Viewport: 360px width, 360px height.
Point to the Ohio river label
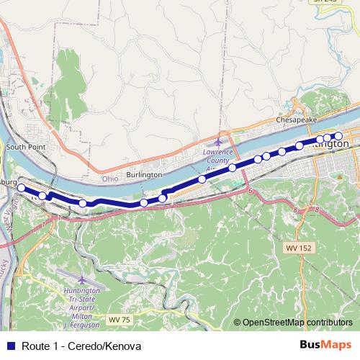(109, 178)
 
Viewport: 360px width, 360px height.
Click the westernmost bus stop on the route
(21, 188)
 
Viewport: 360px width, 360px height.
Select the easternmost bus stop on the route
(338, 136)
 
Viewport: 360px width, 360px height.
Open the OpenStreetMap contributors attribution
(297, 323)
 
